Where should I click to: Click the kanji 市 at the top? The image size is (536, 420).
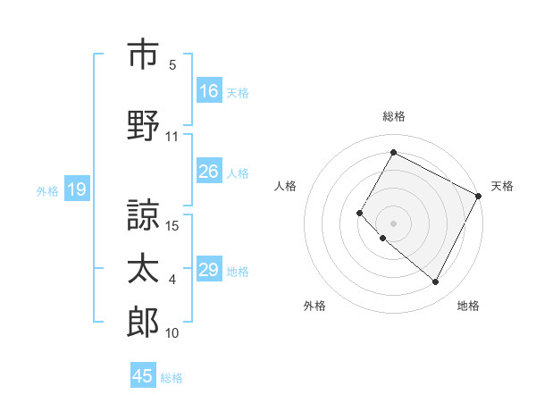pyautogui.click(x=143, y=55)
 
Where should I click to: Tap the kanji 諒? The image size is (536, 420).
pyautogui.click(x=143, y=214)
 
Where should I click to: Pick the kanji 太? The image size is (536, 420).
pyautogui.click(x=143, y=269)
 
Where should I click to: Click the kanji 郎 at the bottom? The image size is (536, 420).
pyautogui.click(x=143, y=323)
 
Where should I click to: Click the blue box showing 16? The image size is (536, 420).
pyautogui.click(x=209, y=91)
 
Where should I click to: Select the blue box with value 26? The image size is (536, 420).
pyautogui.click(x=209, y=172)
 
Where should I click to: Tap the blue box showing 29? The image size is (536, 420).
pyautogui.click(x=209, y=271)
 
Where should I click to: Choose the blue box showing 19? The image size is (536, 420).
pyautogui.click(x=76, y=189)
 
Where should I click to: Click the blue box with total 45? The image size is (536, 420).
pyautogui.click(x=143, y=376)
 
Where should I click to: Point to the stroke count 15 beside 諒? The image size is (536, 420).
pyautogui.click(x=173, y=226)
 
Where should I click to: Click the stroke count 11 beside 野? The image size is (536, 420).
pyautogui.click(x=172, y=137)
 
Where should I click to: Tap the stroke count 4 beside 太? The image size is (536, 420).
pyautogui.click(x=172, y=280)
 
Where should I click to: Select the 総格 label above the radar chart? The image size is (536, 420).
pyautogui.click(x=393, y=116)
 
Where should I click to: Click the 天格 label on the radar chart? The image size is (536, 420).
pyautogui.click(x=502, y=186)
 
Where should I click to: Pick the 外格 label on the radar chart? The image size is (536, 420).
pyautogui.click(x=314, y=307)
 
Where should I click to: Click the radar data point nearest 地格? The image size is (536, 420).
pyautogui.click(x=435, y=282)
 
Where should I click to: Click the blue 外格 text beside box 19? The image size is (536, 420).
pyautogui.click(x=47, y=190)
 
